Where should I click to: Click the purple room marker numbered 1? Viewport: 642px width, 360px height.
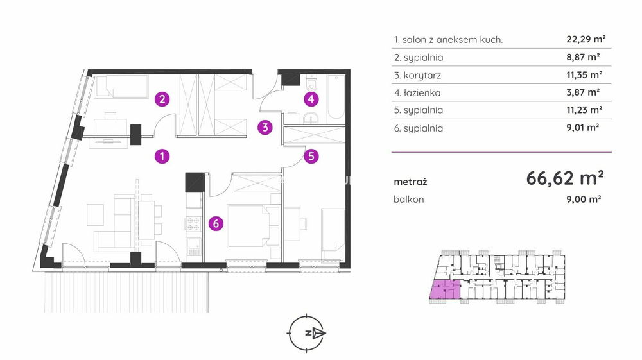coord(162,156)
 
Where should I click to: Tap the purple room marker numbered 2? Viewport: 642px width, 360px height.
coord(162,99)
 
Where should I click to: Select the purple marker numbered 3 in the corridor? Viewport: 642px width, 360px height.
coord(265,128)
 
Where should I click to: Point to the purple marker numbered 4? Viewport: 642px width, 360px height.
coord(311,99)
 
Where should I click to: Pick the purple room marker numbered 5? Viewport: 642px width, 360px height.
coord(311,156)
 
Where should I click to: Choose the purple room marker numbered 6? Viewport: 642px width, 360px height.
coord(216,223)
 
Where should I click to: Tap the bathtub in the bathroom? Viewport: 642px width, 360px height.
coord(336,97)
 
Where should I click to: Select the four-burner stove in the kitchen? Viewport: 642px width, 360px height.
coord(193,224)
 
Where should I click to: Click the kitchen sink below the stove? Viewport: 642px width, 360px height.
coord(194,246)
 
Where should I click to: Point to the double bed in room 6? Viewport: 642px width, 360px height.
coord(253,226)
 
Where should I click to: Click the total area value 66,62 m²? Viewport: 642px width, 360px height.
coord(564,178)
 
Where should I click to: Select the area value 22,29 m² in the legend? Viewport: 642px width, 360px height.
coord(586,39)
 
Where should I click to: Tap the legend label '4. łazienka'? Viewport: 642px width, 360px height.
coord(417,93)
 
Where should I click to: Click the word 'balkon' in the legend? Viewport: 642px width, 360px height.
coord(408,199)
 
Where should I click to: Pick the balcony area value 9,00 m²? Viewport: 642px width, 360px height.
coord(584,199)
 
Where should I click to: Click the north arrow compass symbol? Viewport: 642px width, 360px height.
coord(307,333)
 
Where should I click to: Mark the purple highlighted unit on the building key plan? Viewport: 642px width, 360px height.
coord(445,289)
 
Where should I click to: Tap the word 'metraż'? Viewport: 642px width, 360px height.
coord(410,182)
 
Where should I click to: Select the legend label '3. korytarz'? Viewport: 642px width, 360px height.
coord(418,75)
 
